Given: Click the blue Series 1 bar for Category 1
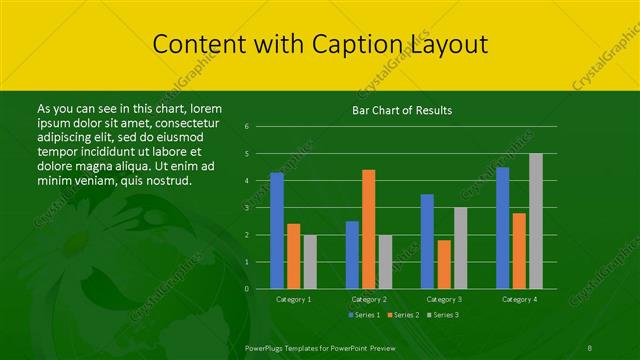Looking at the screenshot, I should (277, 231).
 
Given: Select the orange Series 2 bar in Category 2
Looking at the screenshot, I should (369, 229).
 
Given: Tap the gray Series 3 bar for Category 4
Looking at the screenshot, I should (536, 221).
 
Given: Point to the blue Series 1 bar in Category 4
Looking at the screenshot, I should (503, 228).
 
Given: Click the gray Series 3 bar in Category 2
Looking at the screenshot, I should (385, 261).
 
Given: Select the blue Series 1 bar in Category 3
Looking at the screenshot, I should (427, 241).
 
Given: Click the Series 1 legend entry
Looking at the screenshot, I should (364, 315).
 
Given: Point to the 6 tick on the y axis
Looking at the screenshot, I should (247, 127).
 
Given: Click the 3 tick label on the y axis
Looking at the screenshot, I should (247, 208).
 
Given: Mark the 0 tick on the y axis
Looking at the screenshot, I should (247, 289).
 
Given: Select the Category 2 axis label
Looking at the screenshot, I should (369, 299).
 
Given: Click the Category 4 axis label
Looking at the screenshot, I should (519, 299).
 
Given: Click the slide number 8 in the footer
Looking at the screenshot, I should (591, 347).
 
